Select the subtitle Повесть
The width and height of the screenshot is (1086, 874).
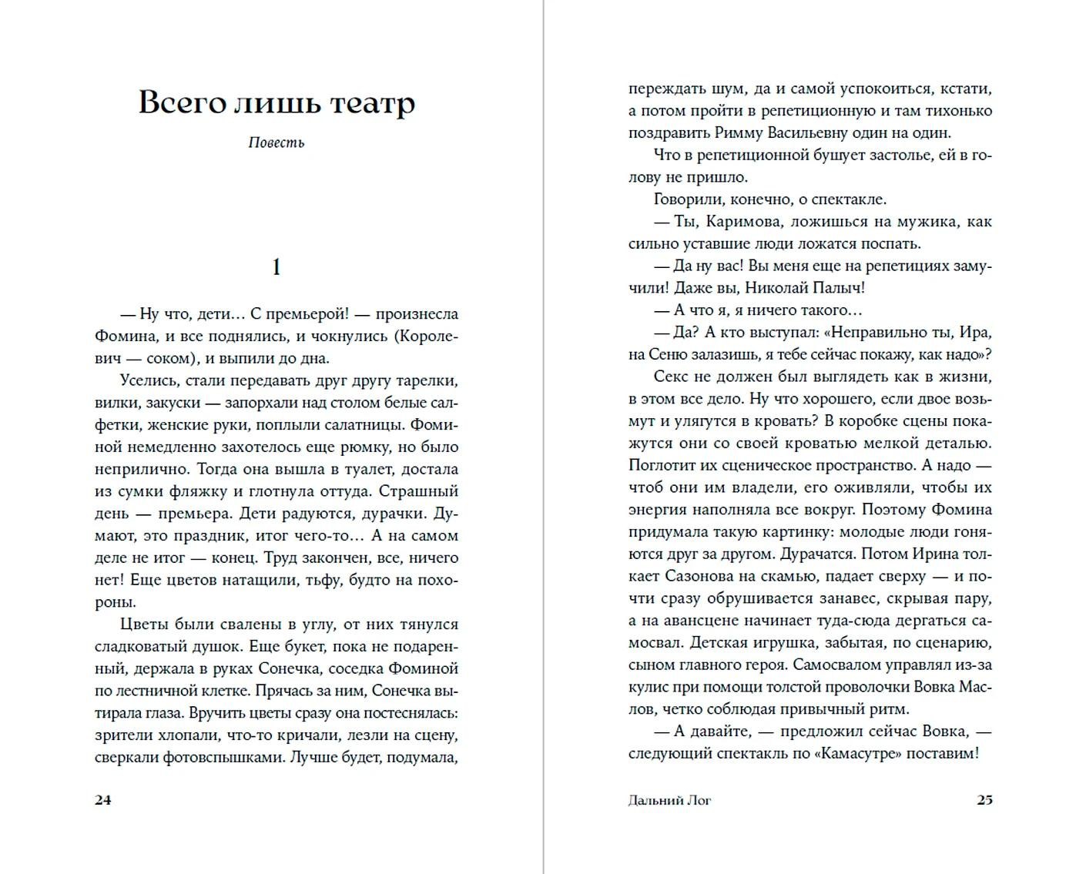(x=277, y=142)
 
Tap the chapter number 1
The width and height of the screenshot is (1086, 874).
(x=277, y=267)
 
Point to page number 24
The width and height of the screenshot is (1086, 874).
(x=102, y=799)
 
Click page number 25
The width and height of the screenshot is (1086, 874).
(x=984, y=799)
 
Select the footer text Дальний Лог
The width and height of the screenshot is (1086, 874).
(x=669, y=800)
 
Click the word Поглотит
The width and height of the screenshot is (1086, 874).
(x=663, y=465)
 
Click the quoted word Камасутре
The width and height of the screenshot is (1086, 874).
(x=857, y=753)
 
